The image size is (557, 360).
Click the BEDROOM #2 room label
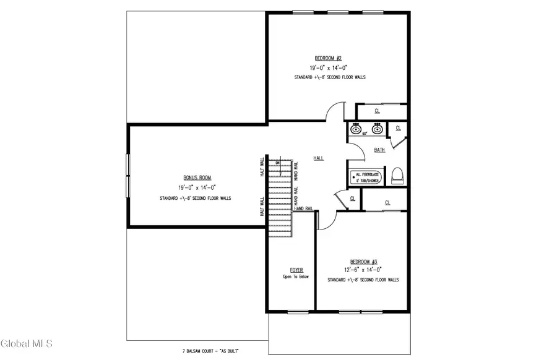[x=321, y=58]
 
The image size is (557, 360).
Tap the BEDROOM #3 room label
[x=363, y=261]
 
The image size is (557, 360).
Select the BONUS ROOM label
[x=197, y=178]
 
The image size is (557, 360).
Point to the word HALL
[x=319, y=158]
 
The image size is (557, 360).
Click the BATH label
[x=379, y=150]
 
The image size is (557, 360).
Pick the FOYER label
[x=296, y=270]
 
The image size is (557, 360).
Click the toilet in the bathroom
[x=397, y=175]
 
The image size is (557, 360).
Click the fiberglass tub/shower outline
[x=366, y=178]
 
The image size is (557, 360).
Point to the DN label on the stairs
[x=278, y=163]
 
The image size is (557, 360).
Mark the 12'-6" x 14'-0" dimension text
[x=363, y=270]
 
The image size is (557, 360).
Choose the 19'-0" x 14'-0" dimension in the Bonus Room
[x=197, y=187]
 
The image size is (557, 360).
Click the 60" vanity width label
[x=365, y=134]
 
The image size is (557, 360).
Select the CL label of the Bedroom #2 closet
[x=378, y=111]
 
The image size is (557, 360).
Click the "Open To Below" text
[x=296, y=276]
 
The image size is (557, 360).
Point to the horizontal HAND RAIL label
[x=303, y=209]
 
